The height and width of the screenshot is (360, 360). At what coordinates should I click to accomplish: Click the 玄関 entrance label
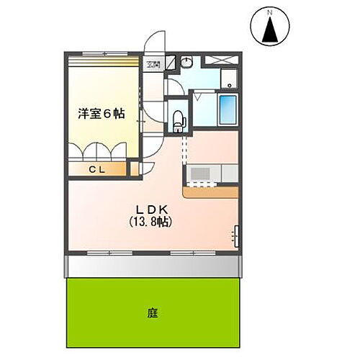[153, 64]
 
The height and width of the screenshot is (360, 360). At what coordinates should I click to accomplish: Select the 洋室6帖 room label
[101, 112]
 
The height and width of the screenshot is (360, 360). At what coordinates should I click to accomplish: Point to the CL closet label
[98, 169]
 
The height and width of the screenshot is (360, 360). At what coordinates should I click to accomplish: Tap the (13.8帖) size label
[149, 222]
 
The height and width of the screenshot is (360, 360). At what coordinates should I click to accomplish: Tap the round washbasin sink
[185, 63]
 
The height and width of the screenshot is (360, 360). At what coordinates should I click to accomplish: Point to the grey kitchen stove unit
[199, 174]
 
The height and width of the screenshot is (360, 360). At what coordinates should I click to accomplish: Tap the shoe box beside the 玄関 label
[171, 63]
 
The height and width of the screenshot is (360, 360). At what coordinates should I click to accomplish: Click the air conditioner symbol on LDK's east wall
[236, 235]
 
